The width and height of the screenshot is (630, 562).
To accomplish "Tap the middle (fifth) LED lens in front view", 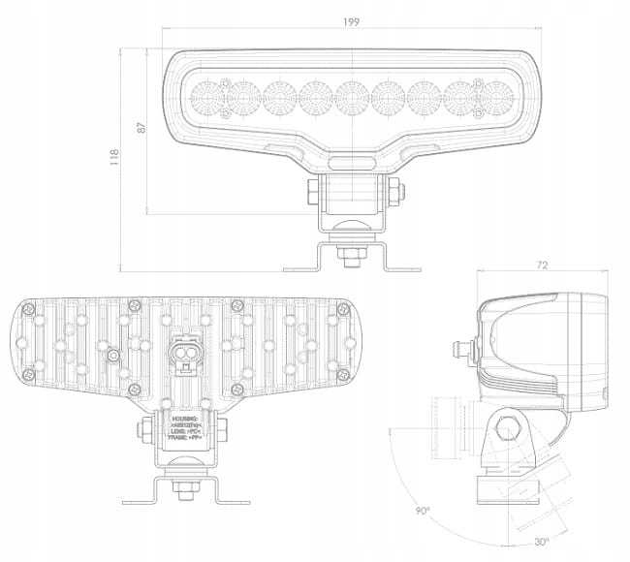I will tap(351, 97).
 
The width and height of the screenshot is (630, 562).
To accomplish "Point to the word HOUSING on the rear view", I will tap(182, 419).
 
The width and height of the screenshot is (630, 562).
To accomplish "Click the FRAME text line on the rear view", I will tap(182, 438).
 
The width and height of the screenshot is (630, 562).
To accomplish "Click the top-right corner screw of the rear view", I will tap(341, 308).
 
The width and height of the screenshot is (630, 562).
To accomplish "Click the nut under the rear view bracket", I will tap(183, 489).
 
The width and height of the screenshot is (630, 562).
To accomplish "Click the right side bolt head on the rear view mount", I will tap(224, 425).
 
